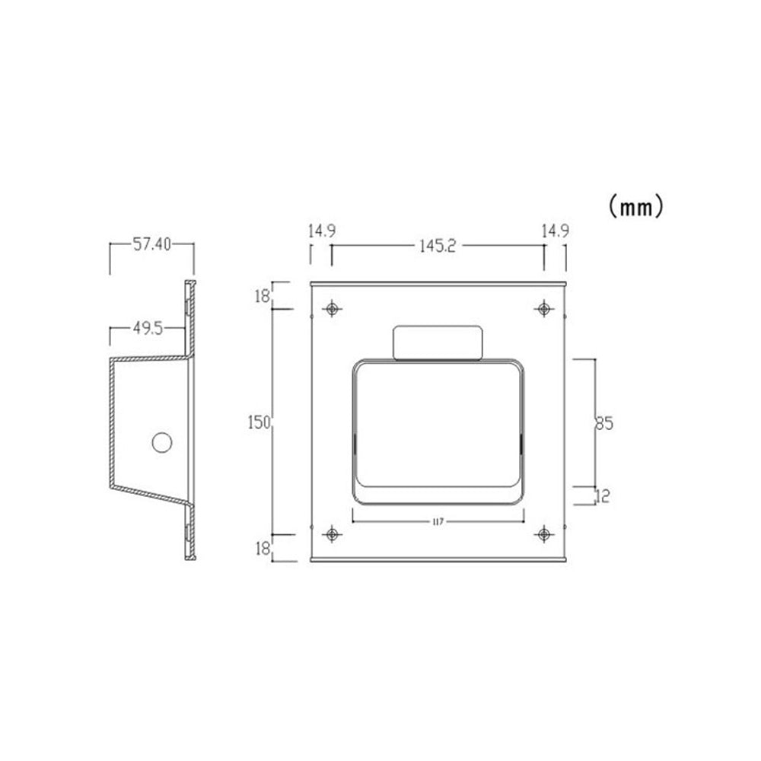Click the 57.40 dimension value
click(x=152, y=244)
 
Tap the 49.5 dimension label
click(x=148, y=329)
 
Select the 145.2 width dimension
click(x=438, y=246)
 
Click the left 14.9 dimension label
click(x=322, y=231)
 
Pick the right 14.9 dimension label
click(x=556, y=231)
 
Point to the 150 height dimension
click(x=259, y=422)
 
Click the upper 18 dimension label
click(x=262, y=295)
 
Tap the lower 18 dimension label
click(x=262, y=549)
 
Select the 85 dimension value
click(x=604, y=423)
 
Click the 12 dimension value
click(x=602, y=496)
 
